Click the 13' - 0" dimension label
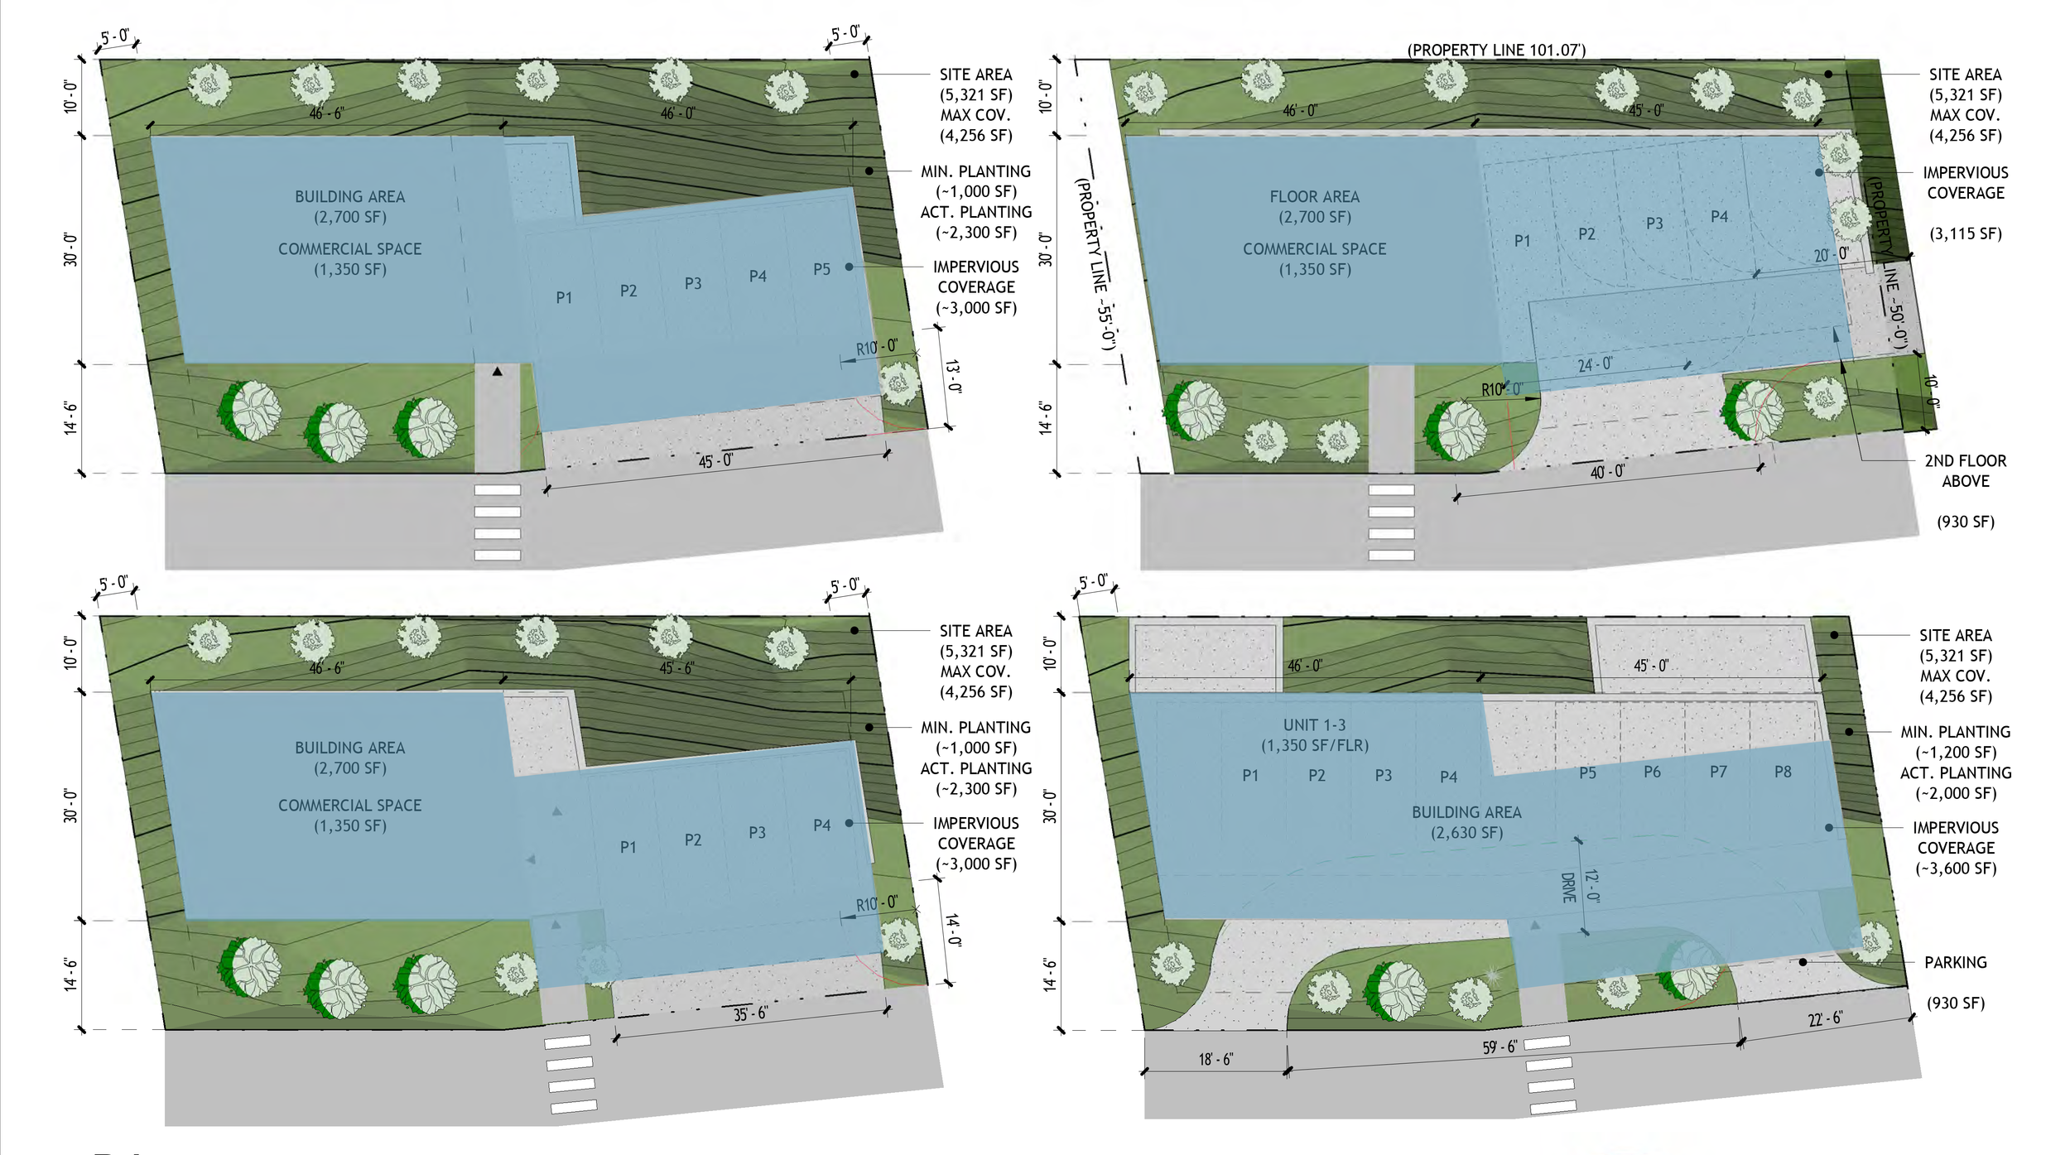(x=953, y=377)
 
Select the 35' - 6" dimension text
(x=750, y=1013)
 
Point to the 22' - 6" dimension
(x=1825, y=1018)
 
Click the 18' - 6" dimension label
(x=1216, y=1059)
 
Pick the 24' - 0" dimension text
(x=1595, y=364)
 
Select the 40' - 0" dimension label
(x=1607, y=472)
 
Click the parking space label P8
(x=1783, y=772)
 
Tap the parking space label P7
(x=1718, y=772)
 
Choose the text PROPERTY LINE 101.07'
(x=1496, y=51)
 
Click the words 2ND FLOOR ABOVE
(x=1965, y=471)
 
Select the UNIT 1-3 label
(x=1314, y=725)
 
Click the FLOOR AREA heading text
(x=1314, y=197)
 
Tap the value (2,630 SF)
(x=1466, y=832)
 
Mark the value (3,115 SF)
(x=1965, y=233)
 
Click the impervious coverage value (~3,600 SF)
(x=1955, y=868)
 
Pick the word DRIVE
(x=1567, y=887)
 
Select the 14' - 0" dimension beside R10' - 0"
(x=953, y=930)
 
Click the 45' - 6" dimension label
(x=676, y=667)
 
